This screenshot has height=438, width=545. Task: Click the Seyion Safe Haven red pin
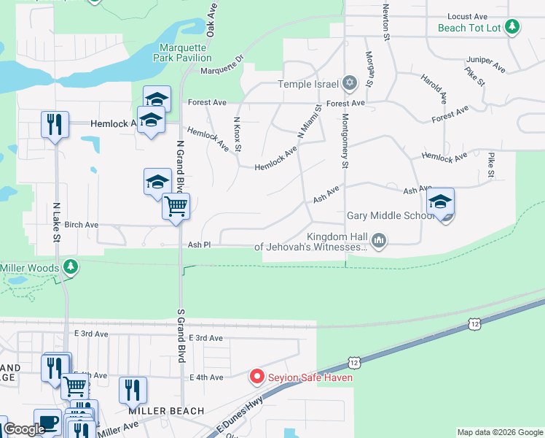coord(256,377)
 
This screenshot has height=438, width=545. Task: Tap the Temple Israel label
coord(310,84)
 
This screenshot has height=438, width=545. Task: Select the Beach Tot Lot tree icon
coord(513,27)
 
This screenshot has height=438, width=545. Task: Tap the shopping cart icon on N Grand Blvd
coord(176,207)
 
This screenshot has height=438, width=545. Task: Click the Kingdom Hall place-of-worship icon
coord(378,240)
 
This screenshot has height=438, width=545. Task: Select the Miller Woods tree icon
coord(70,266)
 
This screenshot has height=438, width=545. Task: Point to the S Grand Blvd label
coord(181,336)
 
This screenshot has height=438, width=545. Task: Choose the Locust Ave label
coord(467,16)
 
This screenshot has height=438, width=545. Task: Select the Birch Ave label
coord(81,225)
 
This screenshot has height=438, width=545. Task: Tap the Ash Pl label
coord(199,245)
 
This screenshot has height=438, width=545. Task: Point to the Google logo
coord(23,430)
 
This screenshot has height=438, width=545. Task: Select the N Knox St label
coord(238,134)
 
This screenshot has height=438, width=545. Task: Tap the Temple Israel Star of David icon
coord(350,82)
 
